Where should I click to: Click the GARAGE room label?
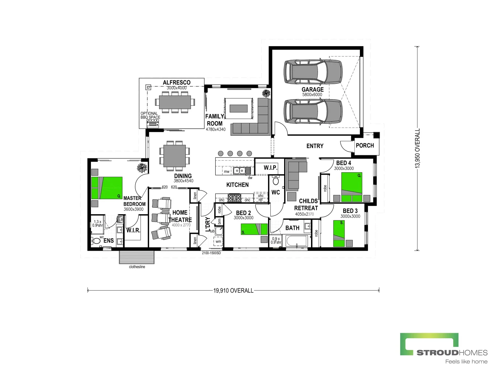(x=312, y=90)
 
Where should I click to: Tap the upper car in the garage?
(x=313, y=72)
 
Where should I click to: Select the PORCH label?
(x=365, y=145)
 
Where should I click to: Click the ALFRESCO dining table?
(x=175, y=102)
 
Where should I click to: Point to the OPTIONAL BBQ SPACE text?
(x=150, y=115)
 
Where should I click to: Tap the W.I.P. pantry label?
(x=270, y=168)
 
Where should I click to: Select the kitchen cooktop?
(x=235, y=198)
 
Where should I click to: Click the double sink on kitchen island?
(x=239, y=171)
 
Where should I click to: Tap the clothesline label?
(x=137, y=267)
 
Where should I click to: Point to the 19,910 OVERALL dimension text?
(x=233, y=291)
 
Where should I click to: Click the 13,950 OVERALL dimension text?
(x=417, y=148)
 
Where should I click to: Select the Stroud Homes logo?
(x=444, y=348)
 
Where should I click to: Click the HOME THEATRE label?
(x=180, y=216)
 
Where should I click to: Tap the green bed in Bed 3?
(x=339, y=234)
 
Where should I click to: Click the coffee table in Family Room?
(x=238, y=109)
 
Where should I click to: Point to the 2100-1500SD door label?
(x=211, y=253)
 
